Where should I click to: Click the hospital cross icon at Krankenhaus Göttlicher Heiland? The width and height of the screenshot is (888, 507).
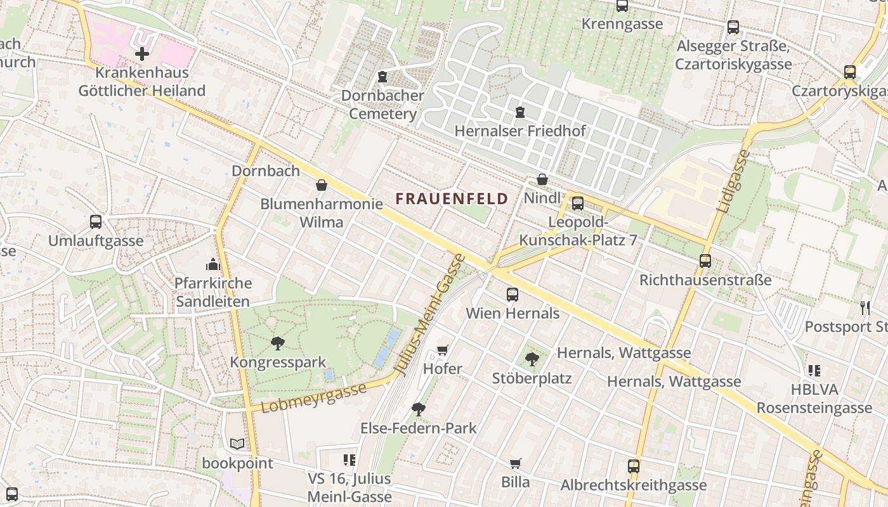coord(141,54)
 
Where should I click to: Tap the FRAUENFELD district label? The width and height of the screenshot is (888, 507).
coord(452,198)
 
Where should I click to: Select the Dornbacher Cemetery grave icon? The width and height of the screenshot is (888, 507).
coord(382,77)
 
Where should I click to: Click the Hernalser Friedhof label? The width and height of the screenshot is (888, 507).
coord(520,131)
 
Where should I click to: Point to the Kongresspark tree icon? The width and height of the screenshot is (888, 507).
coord(277,343)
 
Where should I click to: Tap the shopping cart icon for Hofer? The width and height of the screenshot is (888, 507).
coord(443,350)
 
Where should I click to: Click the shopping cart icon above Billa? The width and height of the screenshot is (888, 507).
coord(515,464)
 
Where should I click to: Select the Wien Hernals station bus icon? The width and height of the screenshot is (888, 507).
coord(513,295)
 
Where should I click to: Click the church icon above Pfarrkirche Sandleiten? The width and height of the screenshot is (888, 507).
coord(213,264)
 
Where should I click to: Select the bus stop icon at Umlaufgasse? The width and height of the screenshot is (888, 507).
coord(96,222)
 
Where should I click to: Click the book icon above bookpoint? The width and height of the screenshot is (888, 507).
coord(237,444)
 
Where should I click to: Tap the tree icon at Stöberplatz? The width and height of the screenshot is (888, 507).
coord(532,359)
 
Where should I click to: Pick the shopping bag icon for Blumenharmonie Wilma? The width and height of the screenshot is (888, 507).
coord(322,185)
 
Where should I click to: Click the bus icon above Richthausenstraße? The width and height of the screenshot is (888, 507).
coord(705,261)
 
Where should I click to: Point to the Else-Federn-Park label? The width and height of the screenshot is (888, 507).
coord(418,428)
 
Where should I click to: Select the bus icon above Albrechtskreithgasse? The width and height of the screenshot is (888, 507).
coord(633,466)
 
